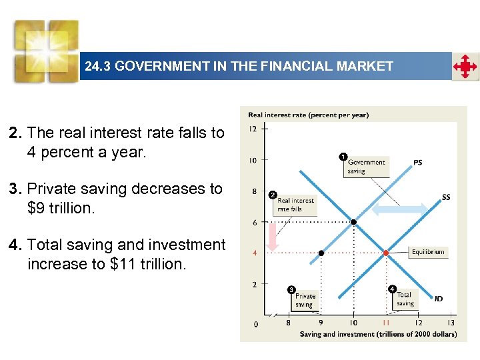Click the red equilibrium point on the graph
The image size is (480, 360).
(386, 253)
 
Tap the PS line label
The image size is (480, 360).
(417, 162)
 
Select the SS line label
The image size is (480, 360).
(445, 197)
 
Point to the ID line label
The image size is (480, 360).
(438, 299)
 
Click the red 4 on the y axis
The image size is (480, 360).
(254, 253)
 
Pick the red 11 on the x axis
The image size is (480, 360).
(386, 323)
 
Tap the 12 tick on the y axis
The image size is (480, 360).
(253, 129)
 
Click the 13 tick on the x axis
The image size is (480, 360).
(451, 323)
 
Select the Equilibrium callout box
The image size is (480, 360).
(427, 252)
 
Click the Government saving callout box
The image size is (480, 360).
(366, 166)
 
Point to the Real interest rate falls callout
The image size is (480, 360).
(295, 204)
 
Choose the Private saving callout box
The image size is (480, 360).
(305, 300)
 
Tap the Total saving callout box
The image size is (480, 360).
(405, 298)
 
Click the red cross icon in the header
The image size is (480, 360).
(465, 67)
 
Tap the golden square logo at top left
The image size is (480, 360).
(47, 49)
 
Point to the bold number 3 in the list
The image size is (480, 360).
(14, 189)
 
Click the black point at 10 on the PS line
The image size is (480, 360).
(353, 222)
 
